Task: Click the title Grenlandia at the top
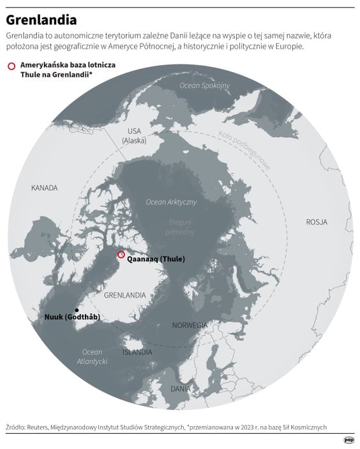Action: pyautogui.click(x=41, y=20)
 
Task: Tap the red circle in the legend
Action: pyautogui.click(x=11, y=66)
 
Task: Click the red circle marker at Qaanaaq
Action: pyautogui.click(x=121, y=255)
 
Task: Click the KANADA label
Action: pyautogui.click(x=44, y=188)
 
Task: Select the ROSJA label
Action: pyautogui.click(x=316, y=222)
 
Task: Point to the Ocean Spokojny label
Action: pyautogui.click(x=204, y=86)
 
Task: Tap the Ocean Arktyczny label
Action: pyautogui.click(x=171, y=202)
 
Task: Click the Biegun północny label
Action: pyautogui.click(x=181, y=226)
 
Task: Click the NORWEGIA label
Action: pyautogui.click(x=190, y=325)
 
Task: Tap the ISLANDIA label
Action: pyautogui.click(x=137, y=352)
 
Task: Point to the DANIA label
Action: pyautogui.click(x=181, y=388)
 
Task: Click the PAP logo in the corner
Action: pyautogui.click(x=349, y=440)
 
